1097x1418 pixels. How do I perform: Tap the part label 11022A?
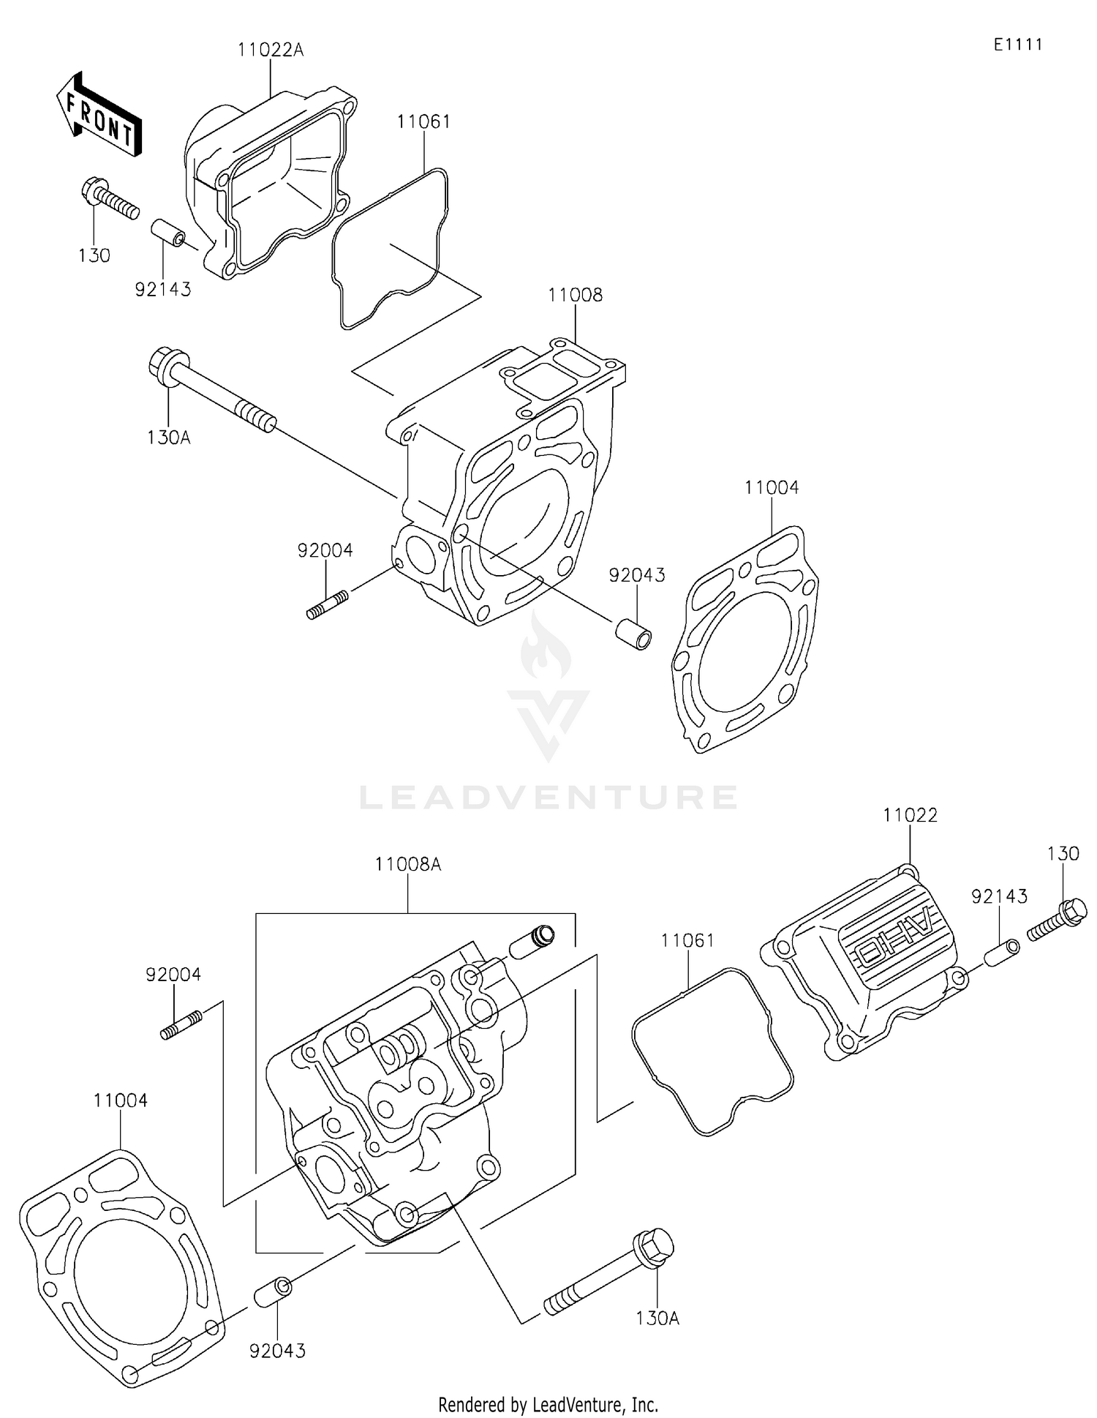click(x=270, y=50)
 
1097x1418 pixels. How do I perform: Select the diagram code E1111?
click(x=1017, y=45)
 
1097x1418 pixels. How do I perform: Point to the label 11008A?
click(x=408, y=864)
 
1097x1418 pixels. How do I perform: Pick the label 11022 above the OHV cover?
click(x=910, y=815)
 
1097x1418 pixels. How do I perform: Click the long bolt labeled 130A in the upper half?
click(x=212, y=392)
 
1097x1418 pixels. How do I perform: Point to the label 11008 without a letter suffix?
click(x=576, y=295)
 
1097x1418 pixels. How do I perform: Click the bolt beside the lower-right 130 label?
click(x=1058, y=920)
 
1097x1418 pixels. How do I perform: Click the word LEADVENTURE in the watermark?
click(x=548, y=797)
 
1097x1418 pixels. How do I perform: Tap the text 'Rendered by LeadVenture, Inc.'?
click(x=548, y=1404)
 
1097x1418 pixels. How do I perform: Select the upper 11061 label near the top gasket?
click(x=423, y=121)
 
